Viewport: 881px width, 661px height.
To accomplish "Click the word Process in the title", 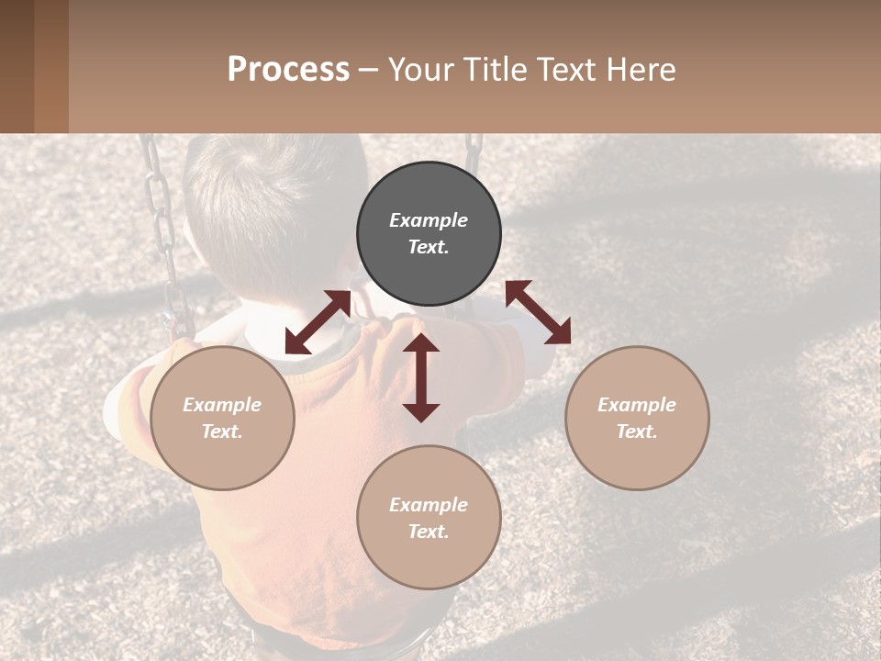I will coord(288,70).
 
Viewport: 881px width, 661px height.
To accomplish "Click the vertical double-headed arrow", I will coord(421,377).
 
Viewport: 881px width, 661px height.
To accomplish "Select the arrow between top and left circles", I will coord(318,322).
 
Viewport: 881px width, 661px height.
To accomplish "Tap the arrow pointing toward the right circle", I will coord(539,312).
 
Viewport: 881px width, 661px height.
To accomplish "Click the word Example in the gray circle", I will coord(429,220).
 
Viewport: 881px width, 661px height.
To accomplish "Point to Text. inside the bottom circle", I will coord(429,532).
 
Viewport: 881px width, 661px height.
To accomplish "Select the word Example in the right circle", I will coord(637,405).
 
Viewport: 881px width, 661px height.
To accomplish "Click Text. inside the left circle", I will coord(222,431).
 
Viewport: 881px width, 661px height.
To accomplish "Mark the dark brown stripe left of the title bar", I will coord(17,66).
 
